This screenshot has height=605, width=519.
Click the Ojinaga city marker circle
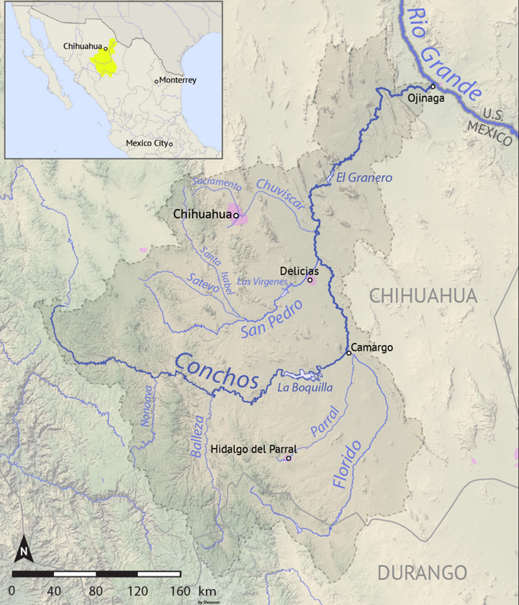(433, 86)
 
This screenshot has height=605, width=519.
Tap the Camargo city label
(371, 347)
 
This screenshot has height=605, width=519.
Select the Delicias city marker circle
(310, 280)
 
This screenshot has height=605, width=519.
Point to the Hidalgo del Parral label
(253, 449)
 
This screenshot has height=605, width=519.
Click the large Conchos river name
(217, 371)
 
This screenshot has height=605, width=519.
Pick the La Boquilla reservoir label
(305, 387)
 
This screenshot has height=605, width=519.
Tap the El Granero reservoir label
(364, 178)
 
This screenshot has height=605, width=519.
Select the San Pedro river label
(272, 319)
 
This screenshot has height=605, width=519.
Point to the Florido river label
(347, 464)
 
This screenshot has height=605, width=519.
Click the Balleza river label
(197, 437)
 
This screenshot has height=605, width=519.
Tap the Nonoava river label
(147, 406)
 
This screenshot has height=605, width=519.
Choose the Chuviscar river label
(280, 194)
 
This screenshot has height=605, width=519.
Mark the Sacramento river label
(217, 183)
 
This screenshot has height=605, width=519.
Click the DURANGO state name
(422, 573)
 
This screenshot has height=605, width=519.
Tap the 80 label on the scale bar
(96, 591)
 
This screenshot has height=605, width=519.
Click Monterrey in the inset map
(178, 80)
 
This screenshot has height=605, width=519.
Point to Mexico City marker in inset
(171, 144)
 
